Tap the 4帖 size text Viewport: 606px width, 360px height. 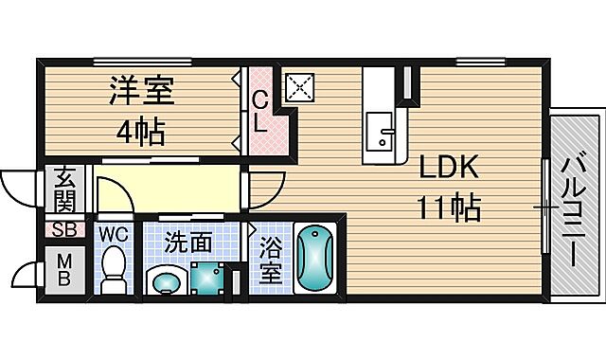[x=139, y=130]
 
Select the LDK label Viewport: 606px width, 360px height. [x=451, y=168]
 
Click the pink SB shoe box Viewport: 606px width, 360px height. [x=64, y=229]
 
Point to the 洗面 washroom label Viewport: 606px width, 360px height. [x=187, y=242]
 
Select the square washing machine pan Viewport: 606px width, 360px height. [x=208, y=277]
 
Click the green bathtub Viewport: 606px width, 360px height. [x=314, y=261]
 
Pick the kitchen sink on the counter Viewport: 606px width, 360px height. [x=383, y=130]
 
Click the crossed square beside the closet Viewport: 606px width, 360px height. [x=300, y=88]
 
